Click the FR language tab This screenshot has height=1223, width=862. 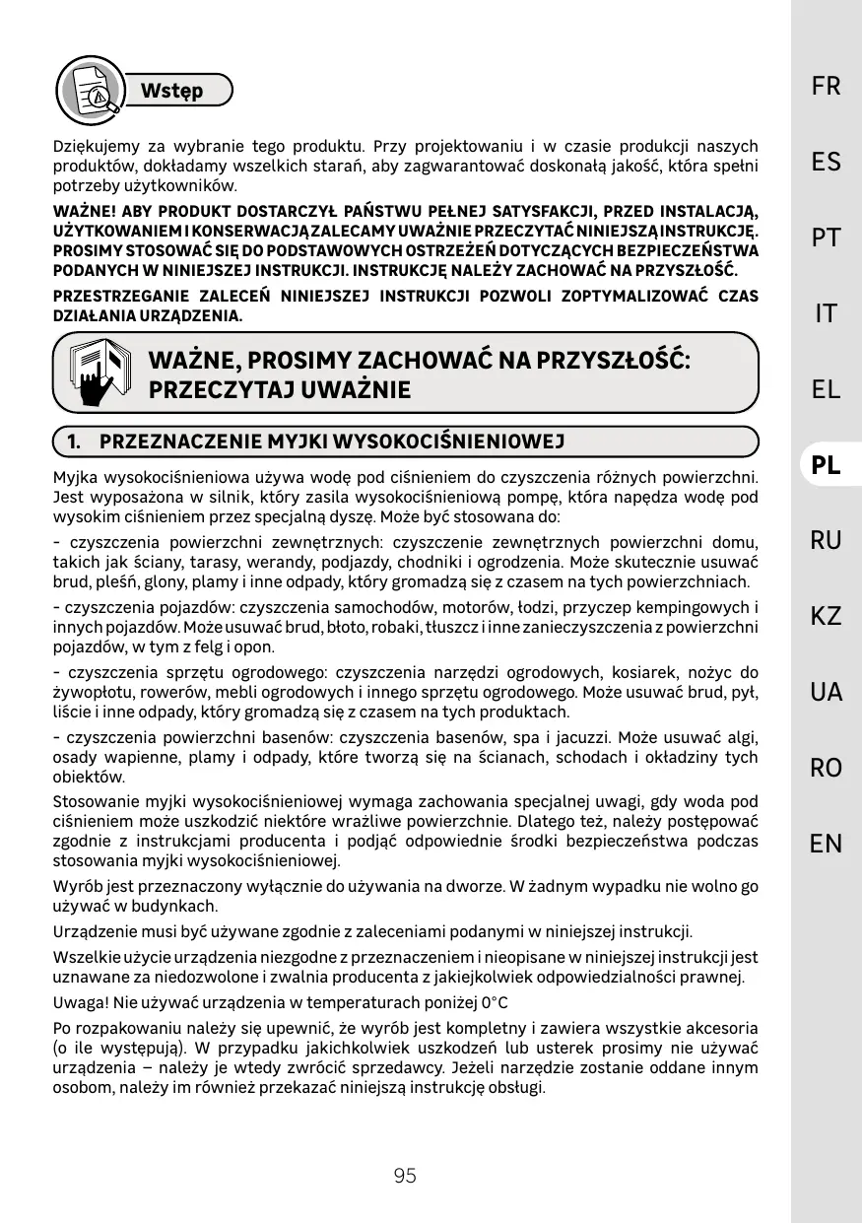pyautogui.click(x=826, y=87)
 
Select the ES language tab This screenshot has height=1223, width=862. pyautogui.click(x=826, y=162)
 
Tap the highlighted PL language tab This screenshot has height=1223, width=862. pyautogui.click(x=826, y=464)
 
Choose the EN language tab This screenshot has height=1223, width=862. pyautogui.click(x=826, y=843)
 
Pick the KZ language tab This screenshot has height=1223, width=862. pyautogui.click(x=826, y=616)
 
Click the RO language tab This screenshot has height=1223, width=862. pyautogui.click(x=826, y=768)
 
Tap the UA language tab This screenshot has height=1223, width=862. pyautogui.click(x=826, y=692)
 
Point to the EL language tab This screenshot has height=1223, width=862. pyautogui.click(x=826, y=389)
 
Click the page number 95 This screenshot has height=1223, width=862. pyautogui.click(x=405, y=1176)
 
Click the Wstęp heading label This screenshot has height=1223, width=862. pyautogui.click(x=171, y=91)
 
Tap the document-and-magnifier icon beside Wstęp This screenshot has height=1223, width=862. pyautogui.click(x=89, y=88)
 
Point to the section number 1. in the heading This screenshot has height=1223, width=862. pyautogui.click(x=74, y=441)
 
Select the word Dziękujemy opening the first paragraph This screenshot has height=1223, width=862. pyautogui.click(x=98, y=146)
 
